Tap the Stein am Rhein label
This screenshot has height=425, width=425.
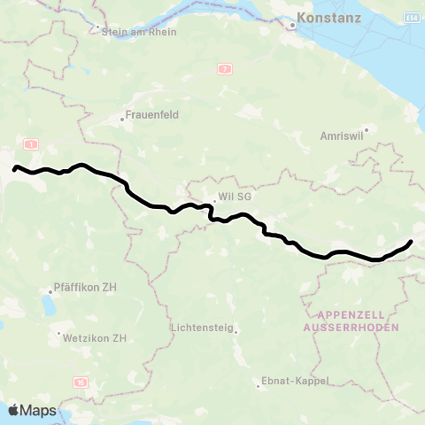tap(140, 32)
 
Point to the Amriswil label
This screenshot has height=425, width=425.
tap(340, 137)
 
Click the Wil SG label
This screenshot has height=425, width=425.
tap(234, 197)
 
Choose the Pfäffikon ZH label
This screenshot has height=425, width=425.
tap(85, 288)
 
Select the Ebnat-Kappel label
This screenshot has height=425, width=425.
tap(295, 381)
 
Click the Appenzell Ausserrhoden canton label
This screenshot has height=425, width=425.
tap(352, 321)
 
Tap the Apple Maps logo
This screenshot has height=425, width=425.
tap(32, 410)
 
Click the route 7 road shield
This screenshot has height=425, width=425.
tap(226, 68)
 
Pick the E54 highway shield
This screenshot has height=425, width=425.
tap(412, 17)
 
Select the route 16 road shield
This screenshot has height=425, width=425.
tap(81, 382)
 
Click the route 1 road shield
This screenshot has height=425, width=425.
tap(32, 143)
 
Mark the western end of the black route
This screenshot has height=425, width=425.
tap(14, 168)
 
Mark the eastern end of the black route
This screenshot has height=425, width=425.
tap(411, 242)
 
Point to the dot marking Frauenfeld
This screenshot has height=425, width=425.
tap(123, 117)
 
